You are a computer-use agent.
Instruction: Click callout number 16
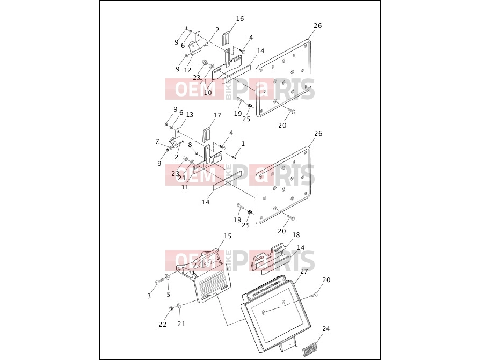click(240, 19)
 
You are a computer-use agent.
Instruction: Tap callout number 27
click(304, 271)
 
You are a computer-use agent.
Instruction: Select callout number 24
click(326, 329)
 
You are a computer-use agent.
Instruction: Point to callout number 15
click(228, 236)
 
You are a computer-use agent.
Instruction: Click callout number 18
click(296, 235)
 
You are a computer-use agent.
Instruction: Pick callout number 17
click(217, 115)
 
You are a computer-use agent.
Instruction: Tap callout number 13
click(190, 115)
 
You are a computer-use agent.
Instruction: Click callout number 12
click(188, 70)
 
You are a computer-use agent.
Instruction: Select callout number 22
click(163, 325)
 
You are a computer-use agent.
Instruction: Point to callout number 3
click(149, 296)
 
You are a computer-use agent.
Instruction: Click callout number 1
click(243, 144)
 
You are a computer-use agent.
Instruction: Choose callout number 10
click(208, 92)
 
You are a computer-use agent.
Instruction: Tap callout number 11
click(185, 187)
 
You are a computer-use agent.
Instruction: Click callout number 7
click(157, 142)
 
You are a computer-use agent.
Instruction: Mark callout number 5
click(169, 295)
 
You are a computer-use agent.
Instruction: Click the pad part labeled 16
click(226, 39)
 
